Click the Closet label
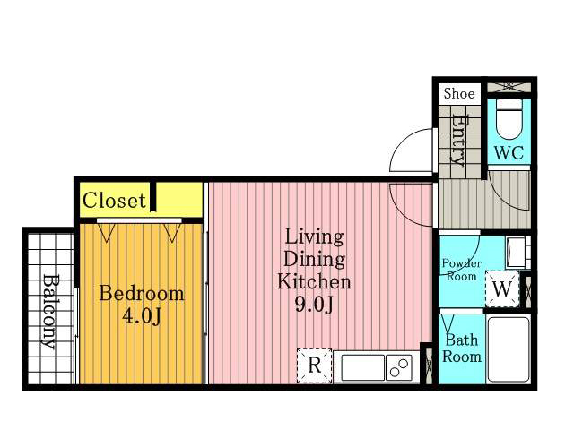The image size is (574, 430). tap(114, 201)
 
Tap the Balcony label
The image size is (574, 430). tap(50, 311)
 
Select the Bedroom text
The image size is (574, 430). tap(142, 293)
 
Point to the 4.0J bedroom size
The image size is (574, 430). tap(142, 316)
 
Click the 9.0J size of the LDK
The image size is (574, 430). tap(315, 305)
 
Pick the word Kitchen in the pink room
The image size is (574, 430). tap(314, 282)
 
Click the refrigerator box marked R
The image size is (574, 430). tap(315, 365)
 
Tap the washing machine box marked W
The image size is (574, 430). tap(502, 288)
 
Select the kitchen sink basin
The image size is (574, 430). tap(362, 367)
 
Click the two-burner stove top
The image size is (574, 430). tap(399, 367)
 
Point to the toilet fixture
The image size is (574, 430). tap(509, 119)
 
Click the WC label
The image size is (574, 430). tap(509, 152)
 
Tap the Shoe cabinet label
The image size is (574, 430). tap(459, 93)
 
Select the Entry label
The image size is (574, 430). tap(458, 140)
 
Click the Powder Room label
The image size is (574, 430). tap(461, 270)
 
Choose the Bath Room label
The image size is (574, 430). tap(462, 348)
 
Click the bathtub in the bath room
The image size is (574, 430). tap(509, 349)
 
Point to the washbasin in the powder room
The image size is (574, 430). tap(517, 252)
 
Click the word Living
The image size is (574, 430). tap(314, 237)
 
